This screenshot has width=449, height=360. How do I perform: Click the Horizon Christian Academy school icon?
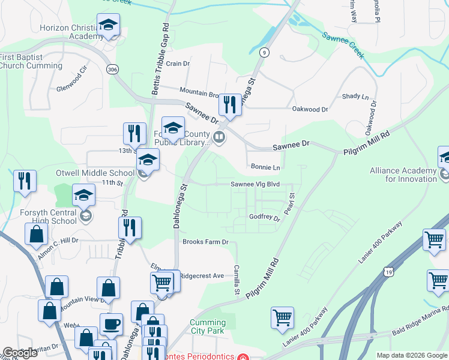[108, 25]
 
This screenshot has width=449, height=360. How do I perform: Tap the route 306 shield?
[112, 70]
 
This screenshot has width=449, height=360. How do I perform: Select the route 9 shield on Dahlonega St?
[264, 53]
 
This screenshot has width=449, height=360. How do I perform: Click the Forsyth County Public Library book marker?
[219, 137]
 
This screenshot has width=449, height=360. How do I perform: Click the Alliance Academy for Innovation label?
[403, 175]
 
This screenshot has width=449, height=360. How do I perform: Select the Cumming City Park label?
[208, 326]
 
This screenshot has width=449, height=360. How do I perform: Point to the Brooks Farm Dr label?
[206, 242]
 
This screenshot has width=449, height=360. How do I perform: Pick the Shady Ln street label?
[355, 96]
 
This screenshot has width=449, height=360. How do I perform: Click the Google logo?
[20, 353]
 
